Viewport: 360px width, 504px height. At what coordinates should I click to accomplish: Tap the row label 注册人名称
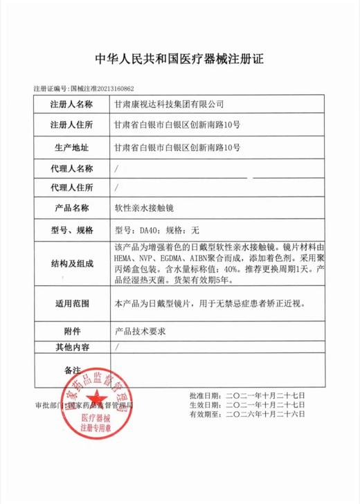(71, 105)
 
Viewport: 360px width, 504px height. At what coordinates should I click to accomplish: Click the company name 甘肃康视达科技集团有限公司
(169, 105)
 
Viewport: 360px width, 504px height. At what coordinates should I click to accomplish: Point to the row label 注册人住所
(71, 126)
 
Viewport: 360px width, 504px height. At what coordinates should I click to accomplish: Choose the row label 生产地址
(71, 147)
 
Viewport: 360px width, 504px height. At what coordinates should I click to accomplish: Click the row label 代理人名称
(71, 168)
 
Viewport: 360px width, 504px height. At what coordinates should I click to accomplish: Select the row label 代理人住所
(71, 188)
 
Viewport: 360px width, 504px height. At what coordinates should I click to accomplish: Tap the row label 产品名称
(71, 208)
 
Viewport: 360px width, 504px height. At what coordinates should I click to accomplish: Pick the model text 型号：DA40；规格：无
(156, 229)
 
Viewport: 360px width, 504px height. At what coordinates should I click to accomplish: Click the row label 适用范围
(71, 303)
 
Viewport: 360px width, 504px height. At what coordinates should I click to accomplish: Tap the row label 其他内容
(71, 347)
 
